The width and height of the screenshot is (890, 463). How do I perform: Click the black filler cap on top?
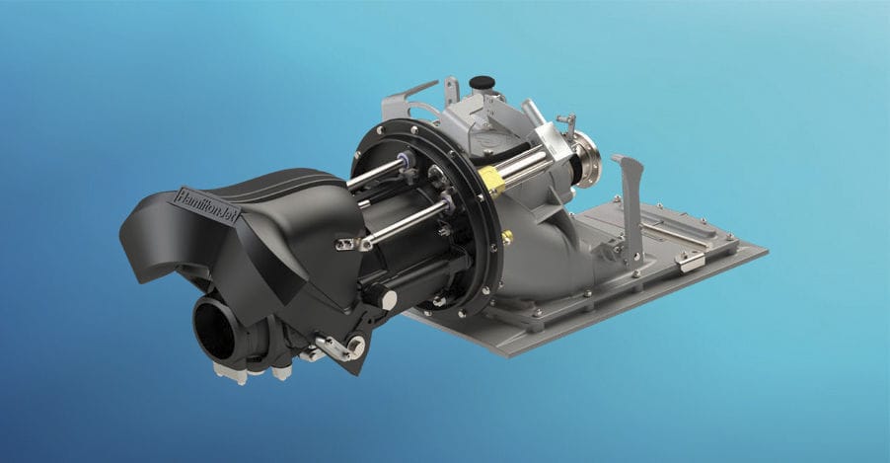[482, 84]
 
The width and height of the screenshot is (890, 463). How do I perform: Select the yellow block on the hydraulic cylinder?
[491, 181]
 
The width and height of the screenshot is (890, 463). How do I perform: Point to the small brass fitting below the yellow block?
[507, 237]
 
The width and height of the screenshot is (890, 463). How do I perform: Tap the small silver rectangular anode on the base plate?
[691, 261]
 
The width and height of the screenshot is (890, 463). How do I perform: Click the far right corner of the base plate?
[766, 248]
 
